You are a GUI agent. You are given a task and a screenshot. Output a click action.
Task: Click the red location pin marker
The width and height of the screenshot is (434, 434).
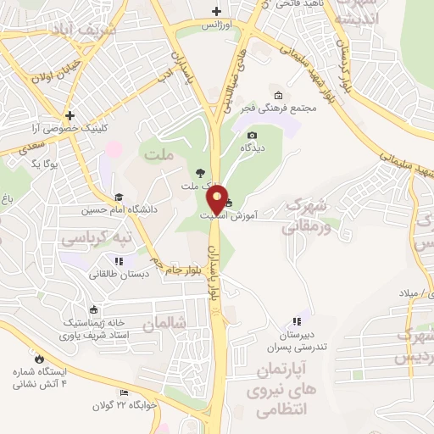tap(217, 199)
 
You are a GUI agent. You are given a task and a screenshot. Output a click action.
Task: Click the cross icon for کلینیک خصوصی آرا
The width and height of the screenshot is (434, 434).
tap(70, 114)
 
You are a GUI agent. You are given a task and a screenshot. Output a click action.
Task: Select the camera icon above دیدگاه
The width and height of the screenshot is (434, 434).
tap(251, 134)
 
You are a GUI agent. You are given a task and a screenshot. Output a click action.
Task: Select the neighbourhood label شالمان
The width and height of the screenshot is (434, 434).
tap(163, 323)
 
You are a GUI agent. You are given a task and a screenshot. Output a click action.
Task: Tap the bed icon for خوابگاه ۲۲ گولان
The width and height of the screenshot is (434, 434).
tap(125, 393)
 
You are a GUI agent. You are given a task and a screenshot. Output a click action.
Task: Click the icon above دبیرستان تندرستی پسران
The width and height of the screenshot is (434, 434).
tap(295, 320)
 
